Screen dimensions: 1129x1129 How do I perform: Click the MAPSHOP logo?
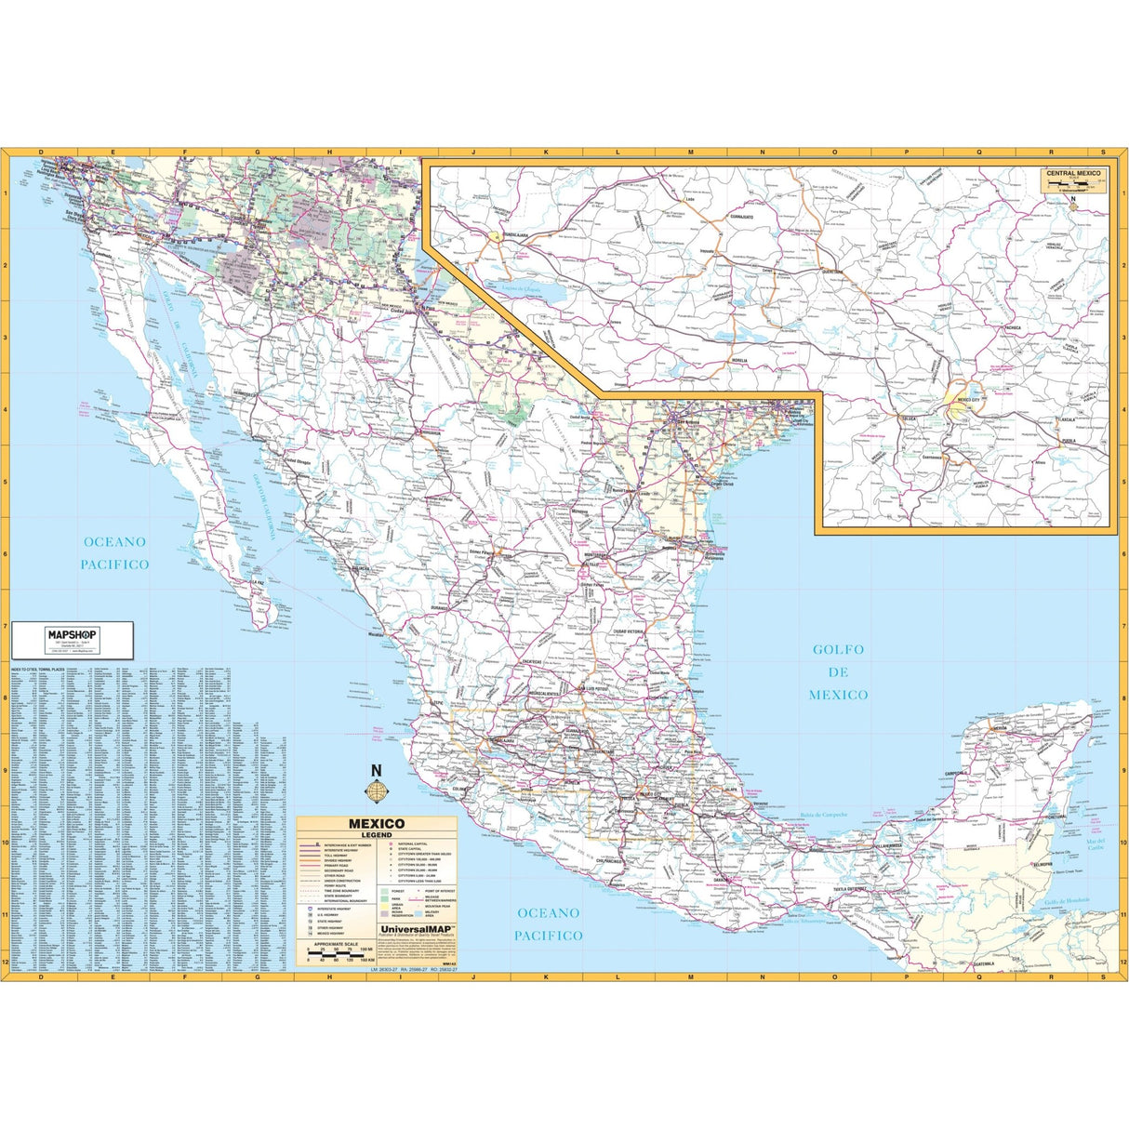pyautogui.click(x=72, y=634)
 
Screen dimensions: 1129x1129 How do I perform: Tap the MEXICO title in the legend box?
pyautogui.click(x=376, y=823)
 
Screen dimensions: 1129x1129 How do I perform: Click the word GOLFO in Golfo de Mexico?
pyautogui.click(x=837, y=650)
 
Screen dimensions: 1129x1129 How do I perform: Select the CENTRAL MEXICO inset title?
pyautogui.click(x=1072, y=174)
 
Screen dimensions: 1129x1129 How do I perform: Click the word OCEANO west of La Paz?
pyautogui.click(x=114, y=542)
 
